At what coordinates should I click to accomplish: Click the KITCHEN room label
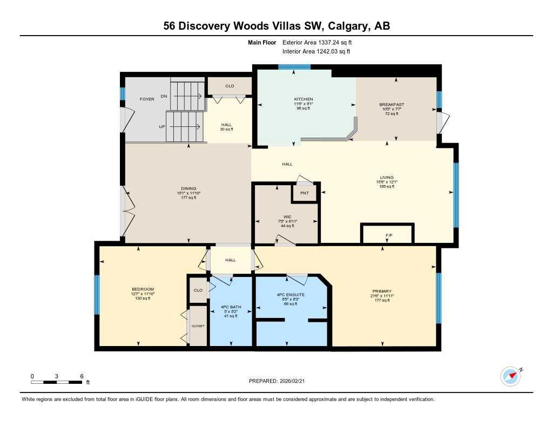pyautogui.click(x=303, y=99)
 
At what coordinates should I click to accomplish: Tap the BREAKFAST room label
pyautogui.click(x=392, y=104)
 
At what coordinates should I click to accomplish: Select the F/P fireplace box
pyautogui.click(x=388, y=235)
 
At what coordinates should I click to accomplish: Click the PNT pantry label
pyautogui.click(x=305, y=193)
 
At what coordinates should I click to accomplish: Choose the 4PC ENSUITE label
pyautogui.click(x=291, y=295)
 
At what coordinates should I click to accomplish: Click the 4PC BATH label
pyautogui.click(x=232, y=307)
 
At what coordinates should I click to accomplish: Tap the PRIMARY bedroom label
pyautogui.click(x=381, y=291)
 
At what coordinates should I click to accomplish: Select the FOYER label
pyautogui.click(x=147, y=99)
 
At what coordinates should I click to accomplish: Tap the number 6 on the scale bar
pyautogui.click(x=81, y=376)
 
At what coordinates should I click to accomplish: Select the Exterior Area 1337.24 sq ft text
pyautogui.click(x=318, y=42)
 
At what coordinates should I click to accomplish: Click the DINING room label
pyautogui.click(x=188, y=188)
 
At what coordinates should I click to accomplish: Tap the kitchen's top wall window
pyautogui.click(x=294, y=67)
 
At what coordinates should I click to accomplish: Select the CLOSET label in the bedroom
pyautogui.click(x=198, y=326)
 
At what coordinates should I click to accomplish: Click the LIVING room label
pyautogui.click(x=387, y=177)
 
